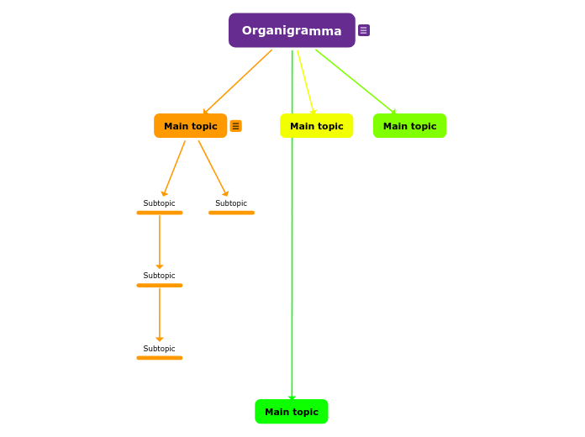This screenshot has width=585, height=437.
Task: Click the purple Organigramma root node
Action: coord(292,30)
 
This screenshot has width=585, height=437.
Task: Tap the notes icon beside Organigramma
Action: coord(364,30)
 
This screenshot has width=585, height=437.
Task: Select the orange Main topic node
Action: coord(190,126)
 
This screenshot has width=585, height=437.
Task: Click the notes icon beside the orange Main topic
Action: coord(235,126)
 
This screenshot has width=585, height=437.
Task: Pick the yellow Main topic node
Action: coord(316,126)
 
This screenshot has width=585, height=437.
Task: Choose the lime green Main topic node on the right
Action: coord(409,126)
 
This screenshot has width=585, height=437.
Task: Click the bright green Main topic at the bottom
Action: coord(291,412)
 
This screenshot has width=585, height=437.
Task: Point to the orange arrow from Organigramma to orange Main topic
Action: coord(238,82)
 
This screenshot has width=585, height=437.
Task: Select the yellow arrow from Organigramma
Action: coord(305,81)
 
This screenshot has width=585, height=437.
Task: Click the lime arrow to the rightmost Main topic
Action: coord(355,81)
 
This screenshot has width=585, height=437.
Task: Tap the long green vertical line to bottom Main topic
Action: coord(292,269)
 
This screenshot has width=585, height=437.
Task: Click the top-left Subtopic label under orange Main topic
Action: coord(159,203)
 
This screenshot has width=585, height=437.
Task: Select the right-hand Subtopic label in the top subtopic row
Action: coord(231,203)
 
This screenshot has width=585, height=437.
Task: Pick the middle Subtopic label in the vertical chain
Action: coord(159,276)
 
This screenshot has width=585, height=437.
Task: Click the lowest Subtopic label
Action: coord(159,349)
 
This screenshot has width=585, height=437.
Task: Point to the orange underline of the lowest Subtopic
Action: coord(159,358)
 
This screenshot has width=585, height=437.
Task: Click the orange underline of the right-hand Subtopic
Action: coord(231,213)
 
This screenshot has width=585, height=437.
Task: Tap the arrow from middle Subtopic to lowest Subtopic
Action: coord(159,313)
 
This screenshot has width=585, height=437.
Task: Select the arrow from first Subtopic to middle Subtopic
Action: coord(159,240)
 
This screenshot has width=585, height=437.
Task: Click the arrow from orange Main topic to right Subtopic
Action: coord(212,167)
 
